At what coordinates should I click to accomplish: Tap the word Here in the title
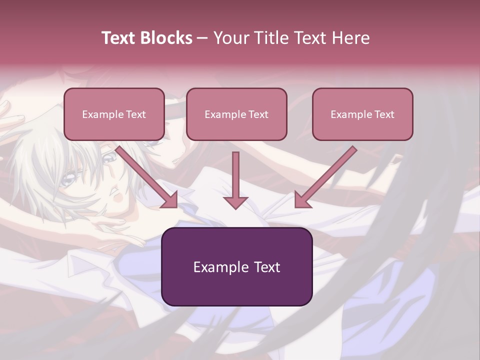[350, 38]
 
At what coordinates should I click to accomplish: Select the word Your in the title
[228, 38]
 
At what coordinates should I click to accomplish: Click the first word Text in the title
[119, 38]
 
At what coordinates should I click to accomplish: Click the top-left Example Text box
[114, 114]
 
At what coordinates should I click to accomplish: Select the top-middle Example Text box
[236, 114]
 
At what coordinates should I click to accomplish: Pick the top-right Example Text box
[362, 114]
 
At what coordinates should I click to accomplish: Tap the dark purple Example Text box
[236, 266]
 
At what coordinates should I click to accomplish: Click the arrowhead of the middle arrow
[235, 201]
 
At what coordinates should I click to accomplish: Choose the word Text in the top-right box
[384, 114]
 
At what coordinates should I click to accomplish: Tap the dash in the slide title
[202, 38]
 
